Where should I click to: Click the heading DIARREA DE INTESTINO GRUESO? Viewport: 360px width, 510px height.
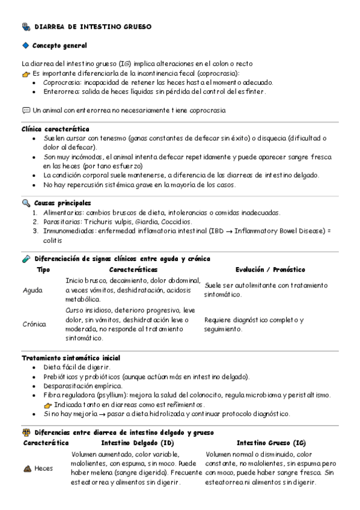coord(93,27)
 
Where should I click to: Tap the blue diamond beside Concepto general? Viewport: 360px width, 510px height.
coord(25,46)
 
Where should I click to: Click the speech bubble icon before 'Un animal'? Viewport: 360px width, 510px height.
coord(26,110)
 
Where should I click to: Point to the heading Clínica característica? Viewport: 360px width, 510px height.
coord(55,129)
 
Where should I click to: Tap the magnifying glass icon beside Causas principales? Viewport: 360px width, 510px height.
coord(26,203)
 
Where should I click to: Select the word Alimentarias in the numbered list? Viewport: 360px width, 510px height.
coord(63,212)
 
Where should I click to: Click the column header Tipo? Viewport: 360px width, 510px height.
coord(43,270)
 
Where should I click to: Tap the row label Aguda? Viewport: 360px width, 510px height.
coord(32,290)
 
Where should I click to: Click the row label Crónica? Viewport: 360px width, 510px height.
coord(34,324)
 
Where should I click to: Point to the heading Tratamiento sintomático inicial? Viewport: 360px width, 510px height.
coord(70,358)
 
